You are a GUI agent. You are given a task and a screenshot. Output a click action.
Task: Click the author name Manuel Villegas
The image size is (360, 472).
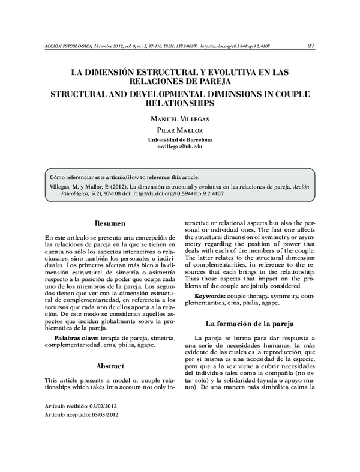[179, 119]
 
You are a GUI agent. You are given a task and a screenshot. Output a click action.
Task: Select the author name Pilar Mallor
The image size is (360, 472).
[179, 130]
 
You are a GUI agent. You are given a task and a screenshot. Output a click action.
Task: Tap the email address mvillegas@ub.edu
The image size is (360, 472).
[179, 147]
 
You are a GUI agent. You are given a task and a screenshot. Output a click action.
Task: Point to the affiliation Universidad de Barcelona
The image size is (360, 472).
[179, 139]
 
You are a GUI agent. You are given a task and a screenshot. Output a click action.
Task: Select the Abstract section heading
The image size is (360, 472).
[110, 366]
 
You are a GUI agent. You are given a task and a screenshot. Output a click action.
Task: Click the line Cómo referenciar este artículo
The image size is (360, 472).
[125, 178]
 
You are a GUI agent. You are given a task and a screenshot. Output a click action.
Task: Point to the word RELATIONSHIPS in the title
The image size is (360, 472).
[179, 103]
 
